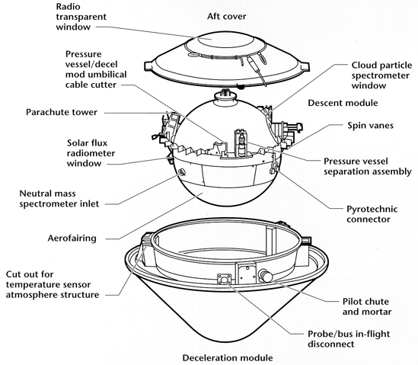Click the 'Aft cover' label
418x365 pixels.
(227, 17)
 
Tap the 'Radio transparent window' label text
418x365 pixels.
(81, 17)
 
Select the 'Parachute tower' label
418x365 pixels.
(62, 112)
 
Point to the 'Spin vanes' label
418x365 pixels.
(370, 126)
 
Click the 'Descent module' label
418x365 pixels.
(343, 103)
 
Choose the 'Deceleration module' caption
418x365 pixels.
(228, 358)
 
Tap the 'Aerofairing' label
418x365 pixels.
(72, 238)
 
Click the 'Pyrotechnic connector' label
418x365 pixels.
(372, 214)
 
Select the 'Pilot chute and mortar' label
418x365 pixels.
(367, 306)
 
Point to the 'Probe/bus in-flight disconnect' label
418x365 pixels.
(349, 339)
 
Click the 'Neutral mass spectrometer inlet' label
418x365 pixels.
(59, 199)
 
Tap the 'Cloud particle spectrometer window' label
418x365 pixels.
(381, 75)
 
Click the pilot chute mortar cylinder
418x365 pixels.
(266, 276)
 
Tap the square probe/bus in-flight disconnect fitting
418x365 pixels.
(225, 280)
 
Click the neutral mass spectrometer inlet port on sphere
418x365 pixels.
(182, 172)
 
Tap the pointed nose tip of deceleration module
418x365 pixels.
(227, 341)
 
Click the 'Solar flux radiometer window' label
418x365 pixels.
(91, 153)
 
